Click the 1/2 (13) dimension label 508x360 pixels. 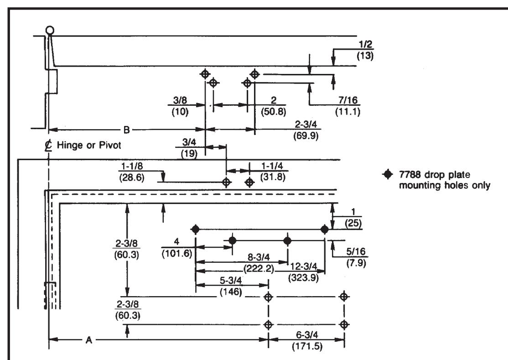[x=365, y=50]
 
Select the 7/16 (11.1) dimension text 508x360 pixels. [x=347, y=106]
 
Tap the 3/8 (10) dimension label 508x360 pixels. [x=180, y=106]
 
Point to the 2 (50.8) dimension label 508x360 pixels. [x=274, y=106]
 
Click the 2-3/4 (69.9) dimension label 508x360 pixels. [x=306, y=130]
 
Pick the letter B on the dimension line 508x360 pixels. [x=127, y=130]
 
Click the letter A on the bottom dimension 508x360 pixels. [x=89, y=340]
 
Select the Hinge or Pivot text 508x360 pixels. [x=89, y=145]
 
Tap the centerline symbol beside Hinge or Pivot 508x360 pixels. [x=49, y=146]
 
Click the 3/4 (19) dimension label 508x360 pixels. [x=189, y=147]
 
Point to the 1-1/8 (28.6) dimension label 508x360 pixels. [x=132, y=172]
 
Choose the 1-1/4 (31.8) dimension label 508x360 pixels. [x=272, y=172]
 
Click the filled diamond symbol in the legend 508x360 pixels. [x=387, y=174]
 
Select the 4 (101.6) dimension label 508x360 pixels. [x=176, y=247]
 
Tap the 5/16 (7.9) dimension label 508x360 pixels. [x=356, y=257]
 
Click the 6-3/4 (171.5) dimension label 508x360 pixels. [x=307, y=340]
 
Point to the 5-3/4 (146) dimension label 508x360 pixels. [x=231, y=286]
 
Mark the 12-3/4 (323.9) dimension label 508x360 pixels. [x=303, y=272]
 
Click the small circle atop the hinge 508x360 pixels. [x=50, y=31]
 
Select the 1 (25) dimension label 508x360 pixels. [x=353, y=218]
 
